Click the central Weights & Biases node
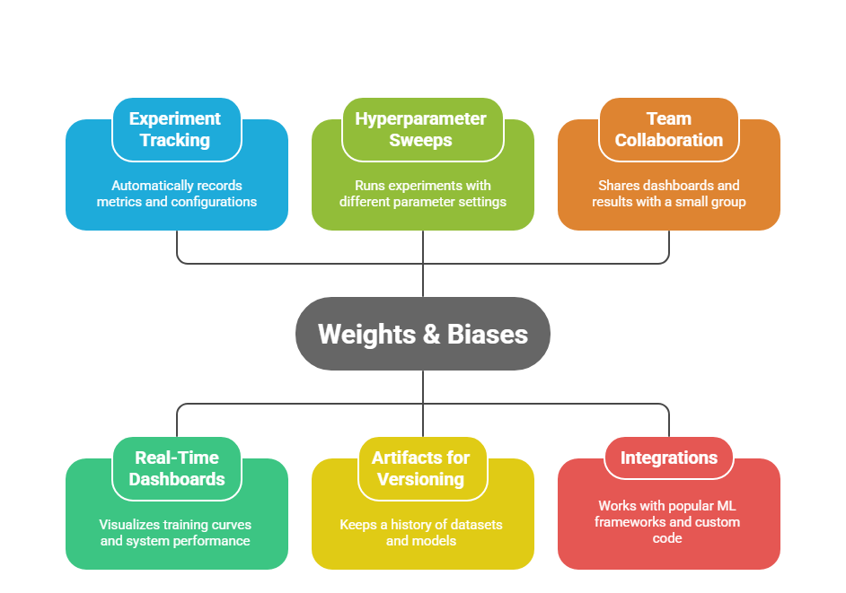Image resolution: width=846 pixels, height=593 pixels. coord(422,335)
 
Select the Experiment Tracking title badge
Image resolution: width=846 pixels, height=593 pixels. coord(176,130)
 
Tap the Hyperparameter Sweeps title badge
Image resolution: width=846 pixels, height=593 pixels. coord(421,130)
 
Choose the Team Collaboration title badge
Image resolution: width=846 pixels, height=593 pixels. coord(668,130)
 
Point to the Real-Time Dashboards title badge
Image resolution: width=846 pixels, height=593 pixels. coord(176,468)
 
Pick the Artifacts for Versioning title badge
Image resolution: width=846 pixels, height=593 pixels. coord(421,468)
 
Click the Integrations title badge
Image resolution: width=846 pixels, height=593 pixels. coord(668,458)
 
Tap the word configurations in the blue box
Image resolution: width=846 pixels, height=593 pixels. coord(213,202)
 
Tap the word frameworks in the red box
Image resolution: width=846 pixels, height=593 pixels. coord(630,522)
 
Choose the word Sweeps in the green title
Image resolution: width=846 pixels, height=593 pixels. coord(421,141)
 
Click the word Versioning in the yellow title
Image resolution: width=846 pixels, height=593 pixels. coord(421,479)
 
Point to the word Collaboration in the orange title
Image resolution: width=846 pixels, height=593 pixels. coord(668,141)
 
